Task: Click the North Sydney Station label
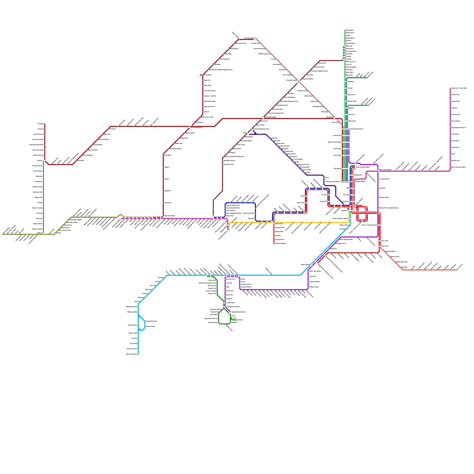point(356,129)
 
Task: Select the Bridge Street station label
point(358,175)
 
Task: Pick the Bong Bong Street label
point(151,321)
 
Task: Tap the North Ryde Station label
point(270,117)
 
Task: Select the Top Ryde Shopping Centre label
point(261,129)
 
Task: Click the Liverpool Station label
point(246,287)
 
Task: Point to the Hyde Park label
point(382,188)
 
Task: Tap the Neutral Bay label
point(352,121)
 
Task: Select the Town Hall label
point(346,195)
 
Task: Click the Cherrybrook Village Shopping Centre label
point(220,70)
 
